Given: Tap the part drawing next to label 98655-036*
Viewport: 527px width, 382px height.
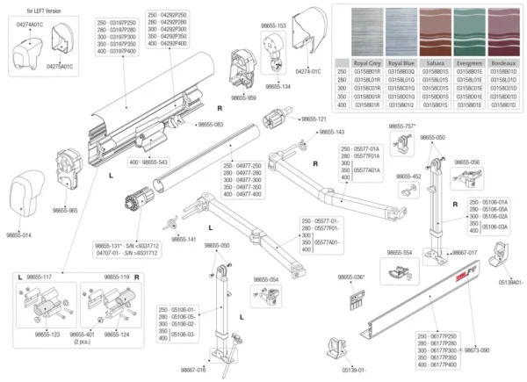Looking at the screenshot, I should (x=356, y=299).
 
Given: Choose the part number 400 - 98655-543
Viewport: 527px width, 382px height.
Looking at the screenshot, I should (x=148, y=162).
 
